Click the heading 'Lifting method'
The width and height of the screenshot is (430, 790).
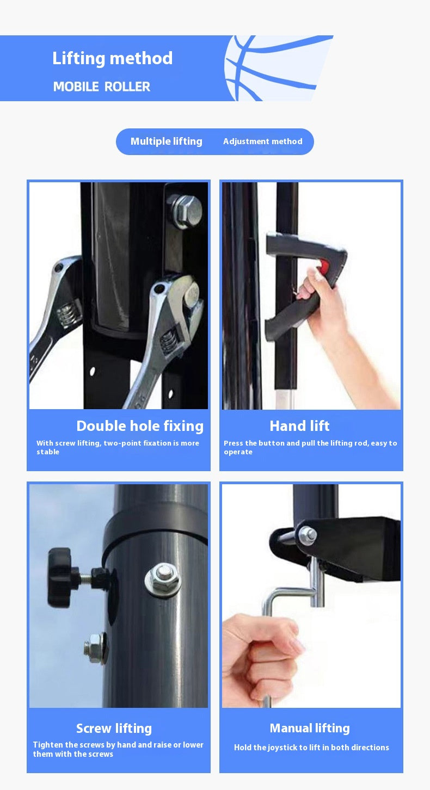tap(113, 58)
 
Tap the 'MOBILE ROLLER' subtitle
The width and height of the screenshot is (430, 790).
tap(102, 87)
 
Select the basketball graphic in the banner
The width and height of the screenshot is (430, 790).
tap(275, 68)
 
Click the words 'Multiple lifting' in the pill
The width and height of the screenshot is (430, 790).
tap(167, 141)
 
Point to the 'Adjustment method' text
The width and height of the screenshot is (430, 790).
tap(263, 141)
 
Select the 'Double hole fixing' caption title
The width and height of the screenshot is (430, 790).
tap(140, 426)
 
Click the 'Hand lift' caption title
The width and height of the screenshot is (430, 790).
tap(299, 426)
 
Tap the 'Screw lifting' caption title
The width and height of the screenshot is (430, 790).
tap(114, 729)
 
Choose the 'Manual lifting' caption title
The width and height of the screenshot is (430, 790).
tap(310, 728)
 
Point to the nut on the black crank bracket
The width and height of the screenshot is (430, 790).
tap(308, 535)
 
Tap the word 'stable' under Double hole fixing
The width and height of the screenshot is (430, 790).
tap(48, 452)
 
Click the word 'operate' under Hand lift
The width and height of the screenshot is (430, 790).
tap(238, 452)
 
